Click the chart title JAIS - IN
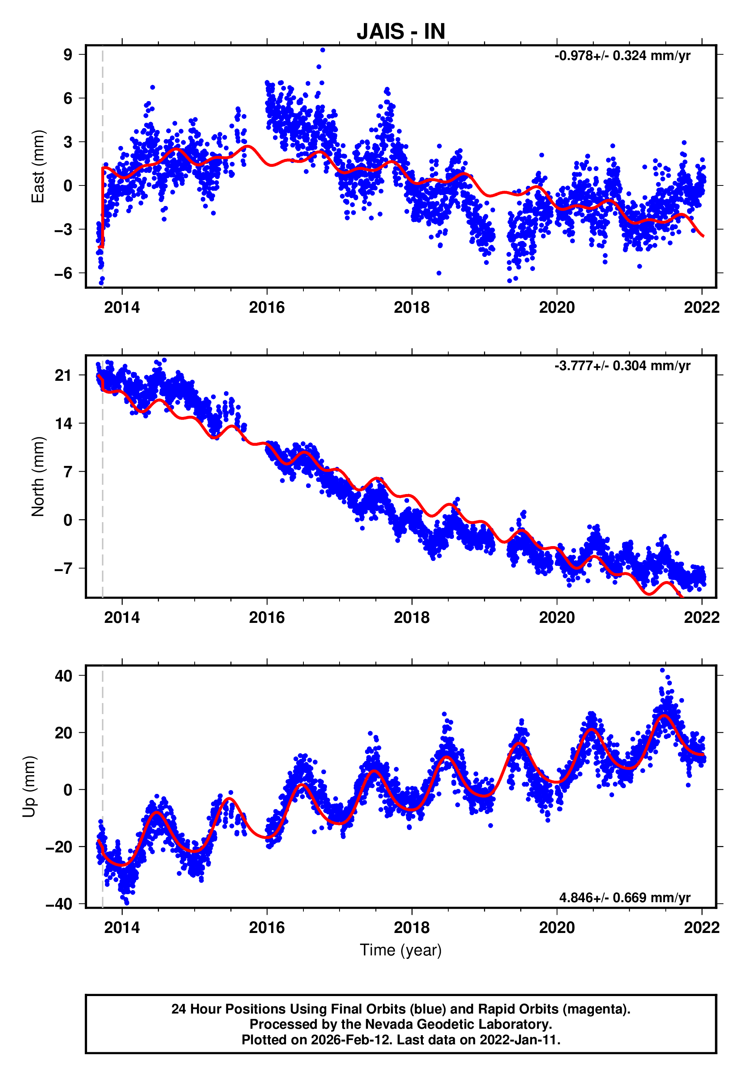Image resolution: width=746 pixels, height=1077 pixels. (401, 32)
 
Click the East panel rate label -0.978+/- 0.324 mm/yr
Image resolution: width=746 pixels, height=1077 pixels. (622, 56)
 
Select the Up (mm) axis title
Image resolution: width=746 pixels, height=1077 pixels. (29, 787)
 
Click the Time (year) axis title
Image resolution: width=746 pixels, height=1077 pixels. (401, 950)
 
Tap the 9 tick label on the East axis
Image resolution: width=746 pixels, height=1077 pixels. (68, 55)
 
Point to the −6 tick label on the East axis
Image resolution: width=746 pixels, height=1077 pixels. (63, 273)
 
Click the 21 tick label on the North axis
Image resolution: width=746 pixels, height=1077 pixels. (63, 375)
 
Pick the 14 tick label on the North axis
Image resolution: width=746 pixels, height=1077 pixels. (63, 424)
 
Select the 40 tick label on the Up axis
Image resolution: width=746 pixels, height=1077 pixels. (63, 676)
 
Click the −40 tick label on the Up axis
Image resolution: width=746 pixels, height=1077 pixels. (59, 904)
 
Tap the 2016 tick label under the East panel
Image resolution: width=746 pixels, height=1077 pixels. (267, 307)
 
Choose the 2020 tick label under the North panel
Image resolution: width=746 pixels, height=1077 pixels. (557, 618)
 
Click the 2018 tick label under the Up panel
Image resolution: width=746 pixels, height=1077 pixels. (412, 928)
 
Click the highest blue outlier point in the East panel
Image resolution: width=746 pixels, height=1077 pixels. (322, 50)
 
